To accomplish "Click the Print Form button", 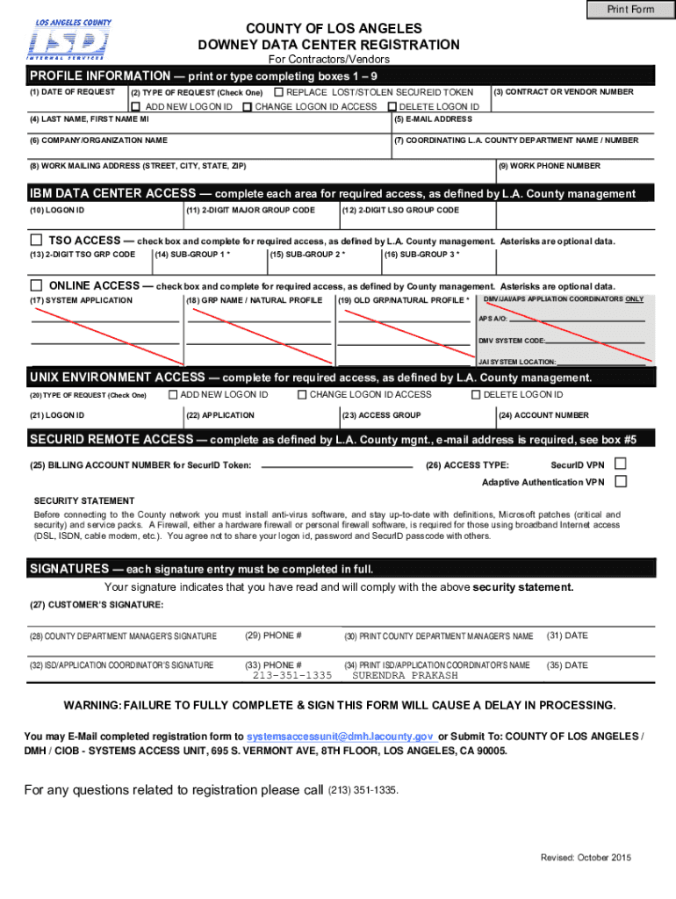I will tap(631, 10).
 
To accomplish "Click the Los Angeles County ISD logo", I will tap(69, 40).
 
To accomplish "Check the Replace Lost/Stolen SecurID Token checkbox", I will tap(278, 92).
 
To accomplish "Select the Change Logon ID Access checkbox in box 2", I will tap(247, 107).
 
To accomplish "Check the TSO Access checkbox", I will tap(36, 241).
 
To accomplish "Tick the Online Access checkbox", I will tap(36, 285).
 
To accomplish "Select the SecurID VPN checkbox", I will tap(621, 464).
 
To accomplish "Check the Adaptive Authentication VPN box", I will tap(621, 482).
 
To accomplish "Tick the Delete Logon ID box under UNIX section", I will tap(476, 395).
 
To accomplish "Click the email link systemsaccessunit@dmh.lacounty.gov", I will tap(341, 737).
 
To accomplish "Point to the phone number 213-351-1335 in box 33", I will tap(291, 676).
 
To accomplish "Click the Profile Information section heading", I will tap(100, 76).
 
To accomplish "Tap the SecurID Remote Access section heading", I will tap(111, 439).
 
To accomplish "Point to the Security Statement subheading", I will tap(84, 500).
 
